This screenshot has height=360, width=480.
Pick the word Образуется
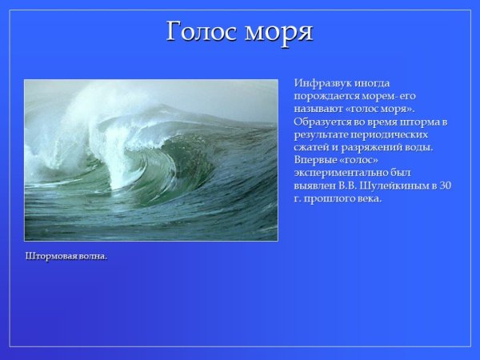(324, 122)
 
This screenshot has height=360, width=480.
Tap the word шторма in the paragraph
(423, 122)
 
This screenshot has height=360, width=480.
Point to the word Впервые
(316, 160)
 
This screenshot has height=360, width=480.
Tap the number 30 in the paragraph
(446, 186)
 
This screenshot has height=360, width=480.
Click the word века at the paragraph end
(370, 198)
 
